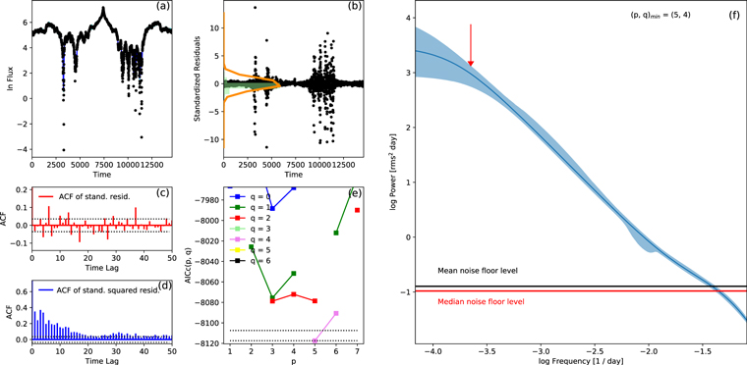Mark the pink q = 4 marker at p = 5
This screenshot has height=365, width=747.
coord(315,340)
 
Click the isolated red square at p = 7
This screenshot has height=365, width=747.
coord(357,210)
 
